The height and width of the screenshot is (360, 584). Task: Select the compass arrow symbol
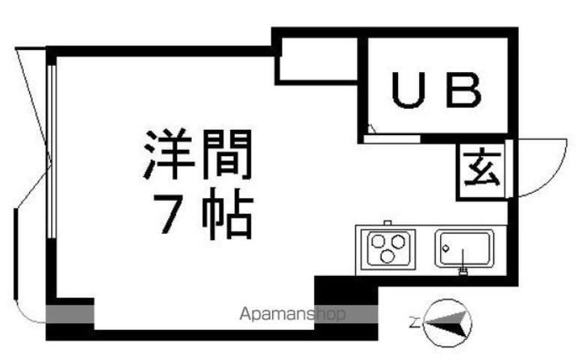(x=449, y=323)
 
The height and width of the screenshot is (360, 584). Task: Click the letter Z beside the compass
(x=413, y=324)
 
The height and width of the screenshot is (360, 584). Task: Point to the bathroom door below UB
(x=393, y=138)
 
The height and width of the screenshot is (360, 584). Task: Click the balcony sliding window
(x=52, y=150)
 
